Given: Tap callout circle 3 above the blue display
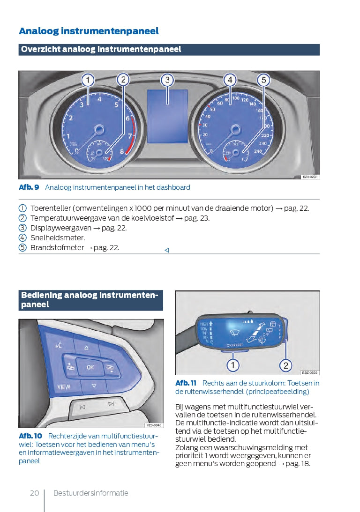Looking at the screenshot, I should [x=167, y=80].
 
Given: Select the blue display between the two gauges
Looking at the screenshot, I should [x=167, y=117].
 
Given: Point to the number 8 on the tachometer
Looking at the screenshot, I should [x=122, y=151].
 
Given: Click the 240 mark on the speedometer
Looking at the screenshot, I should [x=257, y=151].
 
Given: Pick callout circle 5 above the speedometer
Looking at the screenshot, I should [x=263, y=80].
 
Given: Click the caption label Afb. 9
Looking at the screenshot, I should [x=29, y=187].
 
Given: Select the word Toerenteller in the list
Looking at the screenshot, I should [x=51, y=208].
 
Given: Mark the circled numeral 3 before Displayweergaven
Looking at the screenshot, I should [x=22, y=228].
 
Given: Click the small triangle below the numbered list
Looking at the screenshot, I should [x=166, y=250].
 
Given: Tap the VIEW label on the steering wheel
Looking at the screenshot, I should [x=64, y=387].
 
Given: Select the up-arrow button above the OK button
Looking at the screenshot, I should [x=87, y=348].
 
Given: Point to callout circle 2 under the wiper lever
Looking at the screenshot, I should [x=285, y=365].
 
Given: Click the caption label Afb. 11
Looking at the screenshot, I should [x=186, y=383].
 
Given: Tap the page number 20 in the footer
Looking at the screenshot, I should [x=34, y=493].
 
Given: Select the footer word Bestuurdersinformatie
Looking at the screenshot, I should [x=90, y=493].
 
